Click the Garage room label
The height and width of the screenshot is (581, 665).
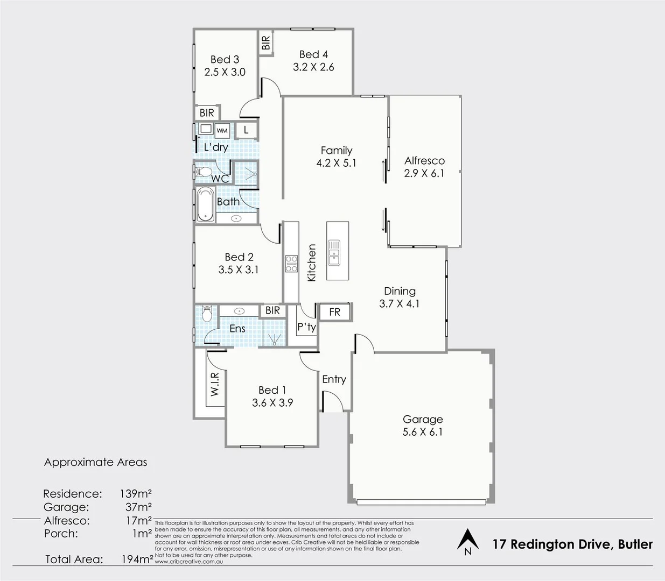tap(423, 419)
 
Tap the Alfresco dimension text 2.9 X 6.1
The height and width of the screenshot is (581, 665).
tap(424, 173)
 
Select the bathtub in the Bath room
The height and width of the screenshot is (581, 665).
tap(205, 205)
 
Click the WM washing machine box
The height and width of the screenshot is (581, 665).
tap(222, 130)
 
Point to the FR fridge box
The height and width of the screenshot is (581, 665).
tap(334, 312)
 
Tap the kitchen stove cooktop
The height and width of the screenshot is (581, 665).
tap(291, 264)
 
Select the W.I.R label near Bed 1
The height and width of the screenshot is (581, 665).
tap(215, 384)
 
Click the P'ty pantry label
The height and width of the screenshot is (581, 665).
tap(307, 327)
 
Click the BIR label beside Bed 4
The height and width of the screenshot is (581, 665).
tap(266, 42)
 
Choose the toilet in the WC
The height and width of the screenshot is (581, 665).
tap(204, 172)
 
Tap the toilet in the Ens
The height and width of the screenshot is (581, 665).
tap(205, 314)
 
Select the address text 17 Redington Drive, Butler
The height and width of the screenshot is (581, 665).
tap(573, 544)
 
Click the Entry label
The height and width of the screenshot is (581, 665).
tap(334, 379)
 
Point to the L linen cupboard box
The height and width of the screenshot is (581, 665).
tap(246, 130)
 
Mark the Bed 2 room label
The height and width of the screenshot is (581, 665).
tap(239, 257)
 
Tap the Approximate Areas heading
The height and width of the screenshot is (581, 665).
tap(95, 462)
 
